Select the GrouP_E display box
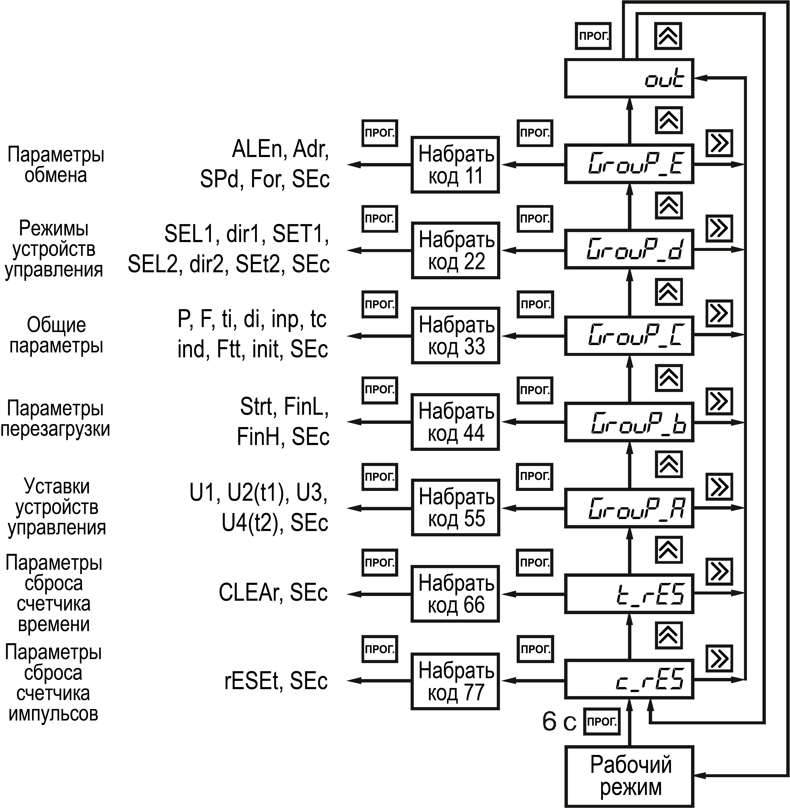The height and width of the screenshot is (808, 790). (629, 164)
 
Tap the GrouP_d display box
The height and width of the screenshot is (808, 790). (629, 250)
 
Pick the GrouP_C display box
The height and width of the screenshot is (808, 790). (629, 336)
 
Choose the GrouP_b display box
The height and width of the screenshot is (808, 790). (629, 422)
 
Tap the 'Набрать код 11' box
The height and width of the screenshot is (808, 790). (455, 165)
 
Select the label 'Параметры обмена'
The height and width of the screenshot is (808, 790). (56, 165)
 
